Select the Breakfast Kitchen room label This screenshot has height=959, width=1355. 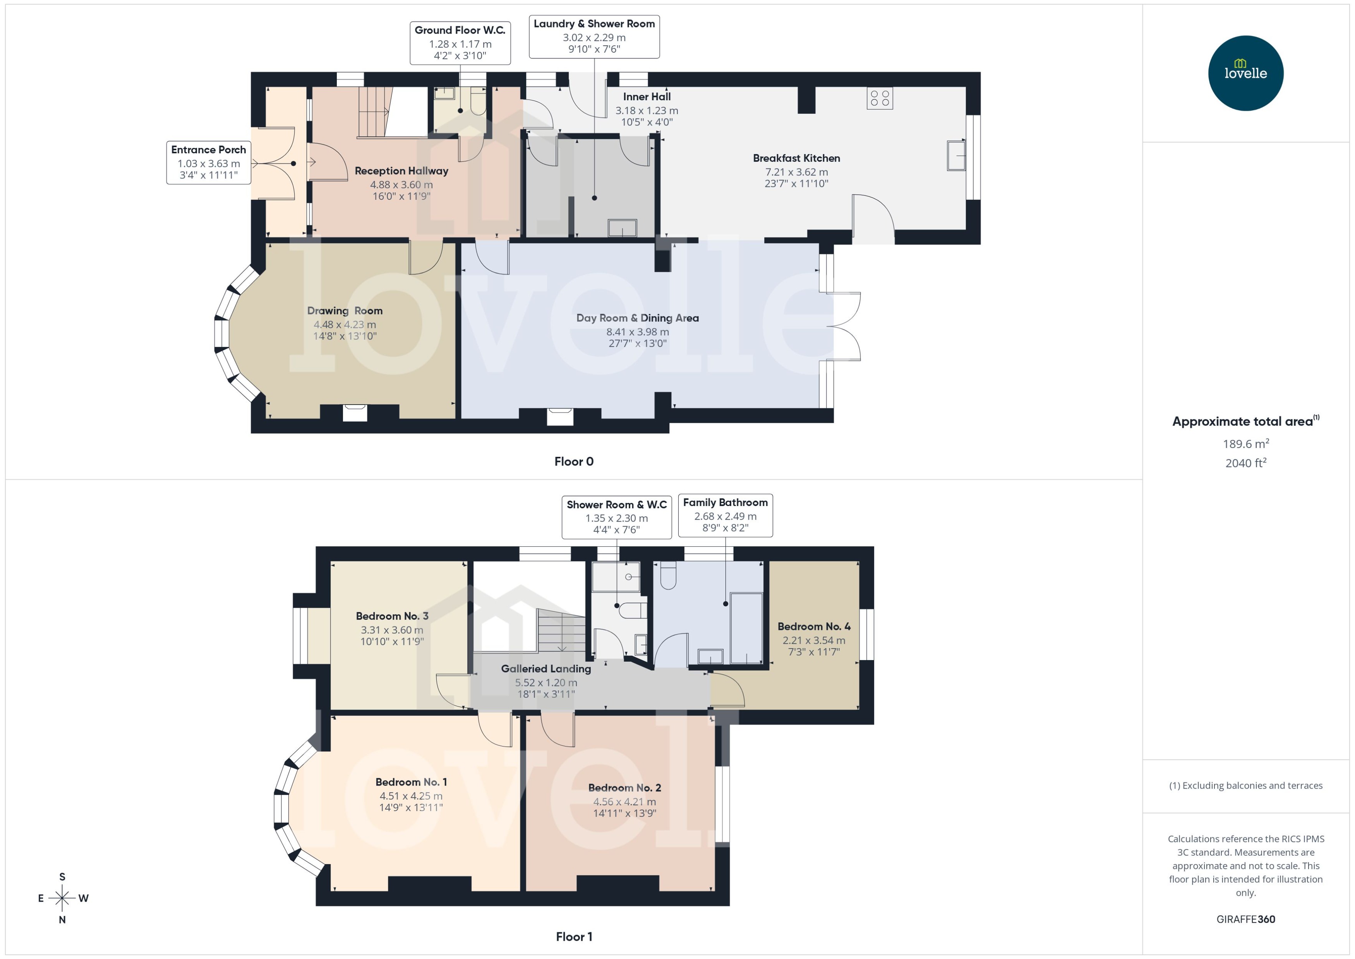click(796, 158)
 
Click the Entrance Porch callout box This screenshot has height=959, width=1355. click(208, 162)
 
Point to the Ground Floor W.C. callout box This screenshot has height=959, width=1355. click(460, 43)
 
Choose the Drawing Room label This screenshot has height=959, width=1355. click(345, 311)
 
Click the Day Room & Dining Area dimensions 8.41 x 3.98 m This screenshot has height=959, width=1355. click(638, 332)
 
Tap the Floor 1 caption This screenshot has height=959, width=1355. click(573, 937)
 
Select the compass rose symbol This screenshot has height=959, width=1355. click(62, 898)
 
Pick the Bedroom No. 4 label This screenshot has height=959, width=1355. click(814, 626)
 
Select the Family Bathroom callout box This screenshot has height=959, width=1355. click(725, 515)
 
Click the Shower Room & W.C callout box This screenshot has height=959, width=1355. click(616, 517)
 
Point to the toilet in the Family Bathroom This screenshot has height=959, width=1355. click(668, 575)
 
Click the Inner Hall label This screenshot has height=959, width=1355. click(647, 97)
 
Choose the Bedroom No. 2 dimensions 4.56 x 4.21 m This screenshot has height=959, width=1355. click(625, 801)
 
